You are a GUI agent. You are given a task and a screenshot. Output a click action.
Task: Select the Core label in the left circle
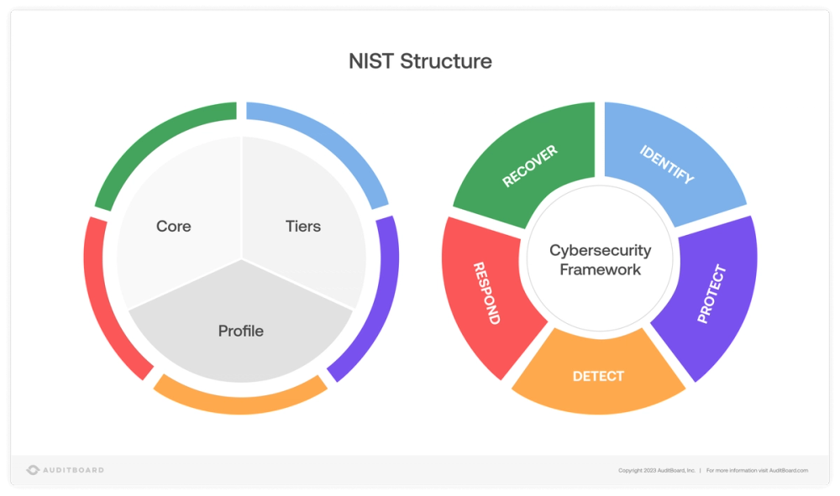point(173,227)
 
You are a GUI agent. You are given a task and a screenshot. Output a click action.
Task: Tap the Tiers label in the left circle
point(303,227)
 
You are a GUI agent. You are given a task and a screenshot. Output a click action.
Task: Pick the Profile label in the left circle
point(241,332)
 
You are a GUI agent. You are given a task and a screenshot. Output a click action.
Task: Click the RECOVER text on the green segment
point(530,166)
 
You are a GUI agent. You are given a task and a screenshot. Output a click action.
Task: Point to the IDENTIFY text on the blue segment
point(667,165)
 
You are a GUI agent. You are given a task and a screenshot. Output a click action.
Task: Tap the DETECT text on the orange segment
point(598,376)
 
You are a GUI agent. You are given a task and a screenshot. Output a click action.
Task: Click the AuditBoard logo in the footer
point(66,470)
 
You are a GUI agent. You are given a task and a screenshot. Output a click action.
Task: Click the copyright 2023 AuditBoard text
point(657,471)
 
